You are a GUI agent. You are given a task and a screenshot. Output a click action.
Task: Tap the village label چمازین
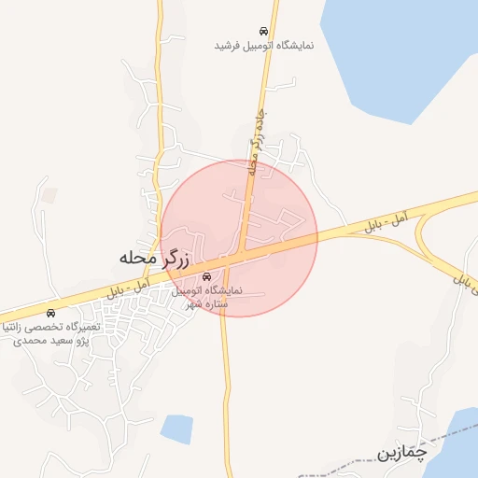pyautogui.click(x=402, y=453)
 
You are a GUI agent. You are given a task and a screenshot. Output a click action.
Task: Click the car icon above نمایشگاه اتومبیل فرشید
pyautogui.click(x=264, y=31)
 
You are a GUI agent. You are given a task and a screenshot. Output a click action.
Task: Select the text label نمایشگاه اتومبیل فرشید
pyautogui.click(x=264, y=45)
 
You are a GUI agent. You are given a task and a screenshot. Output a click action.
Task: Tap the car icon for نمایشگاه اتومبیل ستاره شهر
pyautogui.click(x=206, y=276)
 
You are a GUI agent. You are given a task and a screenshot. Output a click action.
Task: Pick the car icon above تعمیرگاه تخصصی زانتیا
pyautogui.click(x=50, y=313)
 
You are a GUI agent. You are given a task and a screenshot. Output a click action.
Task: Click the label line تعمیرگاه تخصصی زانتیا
pyautogui.click(x=52, y=328)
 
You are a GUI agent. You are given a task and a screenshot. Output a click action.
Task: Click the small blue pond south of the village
pyautogui.click(x=176, y=429)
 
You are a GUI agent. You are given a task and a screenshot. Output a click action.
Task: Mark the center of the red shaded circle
pyautogui.click(x=239, y=238)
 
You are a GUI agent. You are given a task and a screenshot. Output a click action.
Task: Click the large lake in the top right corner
pyautogui.click(x=401, y=56)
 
